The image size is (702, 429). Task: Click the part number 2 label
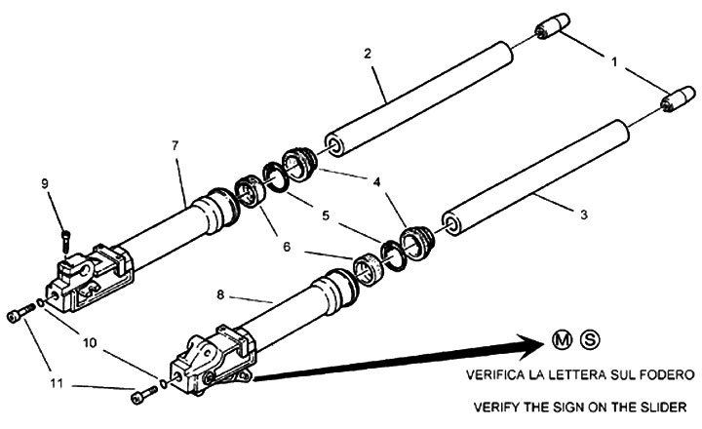(x=368, y=54)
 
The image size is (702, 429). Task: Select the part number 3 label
(x=583, y=214)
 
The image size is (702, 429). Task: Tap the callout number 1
(x=614, y=61)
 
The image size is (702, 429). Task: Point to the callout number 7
(x=175, y=145)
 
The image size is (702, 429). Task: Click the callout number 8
(x=220, y=295)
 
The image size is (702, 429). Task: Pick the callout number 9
(x=45, y=183)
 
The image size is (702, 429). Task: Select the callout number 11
(x=57, y=384)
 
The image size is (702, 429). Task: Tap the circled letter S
(x=590, y=340)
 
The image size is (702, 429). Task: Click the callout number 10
(x=90, y=343)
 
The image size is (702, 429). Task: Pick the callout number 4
(x=376, y=181)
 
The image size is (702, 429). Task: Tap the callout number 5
(x=326, y=215)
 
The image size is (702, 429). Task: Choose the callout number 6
(x=287, y=247)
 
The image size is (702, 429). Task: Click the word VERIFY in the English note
(x=496, y=407)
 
